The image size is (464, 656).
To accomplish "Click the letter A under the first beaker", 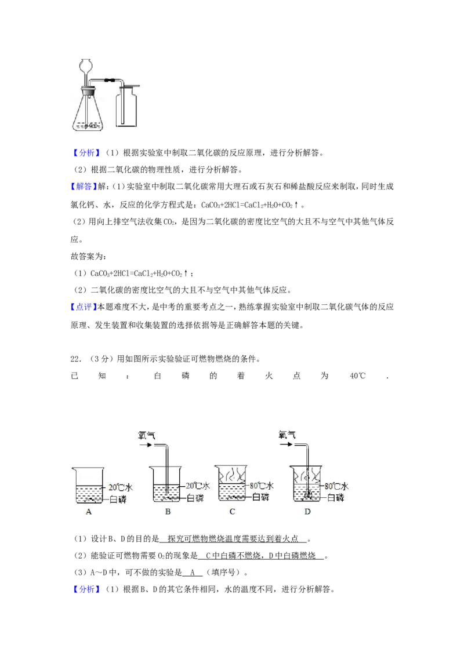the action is [x=89, y=512].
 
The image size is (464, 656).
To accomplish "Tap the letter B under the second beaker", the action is [x=168, y=512].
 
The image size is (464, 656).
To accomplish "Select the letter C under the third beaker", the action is [x=232, y=512].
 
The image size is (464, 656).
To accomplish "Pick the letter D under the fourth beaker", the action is [x=307, y=512].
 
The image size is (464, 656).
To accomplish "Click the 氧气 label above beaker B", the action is [x=147, y=434].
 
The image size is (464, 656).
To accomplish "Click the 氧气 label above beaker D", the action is [x=288, y=434].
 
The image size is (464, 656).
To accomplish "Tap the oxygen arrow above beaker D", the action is [x=287, y=445].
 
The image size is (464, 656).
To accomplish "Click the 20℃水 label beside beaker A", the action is [x=121, y=487].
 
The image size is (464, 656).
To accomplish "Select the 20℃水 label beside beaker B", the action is [x=198, y=486].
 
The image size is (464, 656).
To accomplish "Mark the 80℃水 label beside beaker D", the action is [x=336, y=486].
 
